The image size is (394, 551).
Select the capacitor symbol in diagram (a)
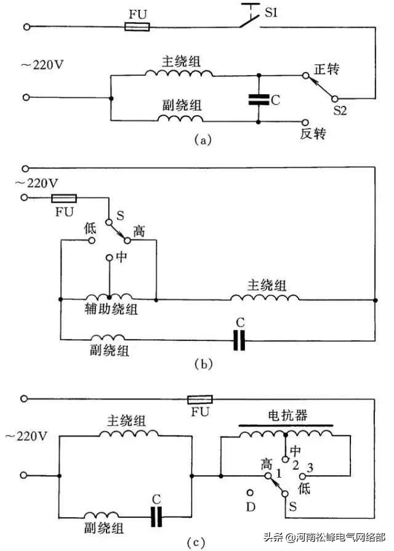click(x=259, y=99)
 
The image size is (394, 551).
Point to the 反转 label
click(x=313, y=133)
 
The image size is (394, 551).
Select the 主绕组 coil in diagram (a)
click(x=179, y=73)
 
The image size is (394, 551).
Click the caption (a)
click(x=203, y=140)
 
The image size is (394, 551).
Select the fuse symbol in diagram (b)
click(x=63, y=198)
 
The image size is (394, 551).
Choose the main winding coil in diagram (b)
click(x=265, y=297)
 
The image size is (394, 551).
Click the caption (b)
click(x=203, y=363)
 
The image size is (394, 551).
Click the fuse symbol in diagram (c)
click(x=199, y=398)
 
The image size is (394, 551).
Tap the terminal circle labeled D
click(x=251, y=492)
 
